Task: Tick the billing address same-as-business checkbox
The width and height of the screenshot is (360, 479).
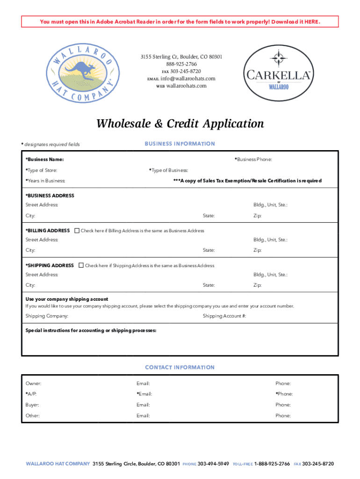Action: click(77, 231)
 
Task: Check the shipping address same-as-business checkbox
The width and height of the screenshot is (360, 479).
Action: click(81, 266)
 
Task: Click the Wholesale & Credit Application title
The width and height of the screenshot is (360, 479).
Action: click(180, 124)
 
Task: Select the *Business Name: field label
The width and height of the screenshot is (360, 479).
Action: click(44, 160)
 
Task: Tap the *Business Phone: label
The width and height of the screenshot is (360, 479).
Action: click(253, 160)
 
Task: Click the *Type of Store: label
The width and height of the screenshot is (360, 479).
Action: click(41, 170)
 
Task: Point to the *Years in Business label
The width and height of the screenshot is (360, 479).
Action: click(45, 181)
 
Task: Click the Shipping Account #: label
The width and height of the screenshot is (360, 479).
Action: click(224, 316)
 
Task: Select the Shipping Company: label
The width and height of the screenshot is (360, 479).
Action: click(47, 316)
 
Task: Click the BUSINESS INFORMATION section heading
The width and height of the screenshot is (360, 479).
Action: click(180, 144)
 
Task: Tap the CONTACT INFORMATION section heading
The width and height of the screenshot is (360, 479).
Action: click(180, 368)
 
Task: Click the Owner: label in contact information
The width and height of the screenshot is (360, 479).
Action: click(33, 384)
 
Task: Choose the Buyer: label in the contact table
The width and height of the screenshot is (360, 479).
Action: click(32, 405)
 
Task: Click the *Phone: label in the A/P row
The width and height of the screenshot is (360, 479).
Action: click(284, 394)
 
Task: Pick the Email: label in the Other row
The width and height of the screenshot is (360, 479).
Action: click(143, 416)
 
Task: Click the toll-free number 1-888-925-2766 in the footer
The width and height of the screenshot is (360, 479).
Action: click(272, 464)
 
